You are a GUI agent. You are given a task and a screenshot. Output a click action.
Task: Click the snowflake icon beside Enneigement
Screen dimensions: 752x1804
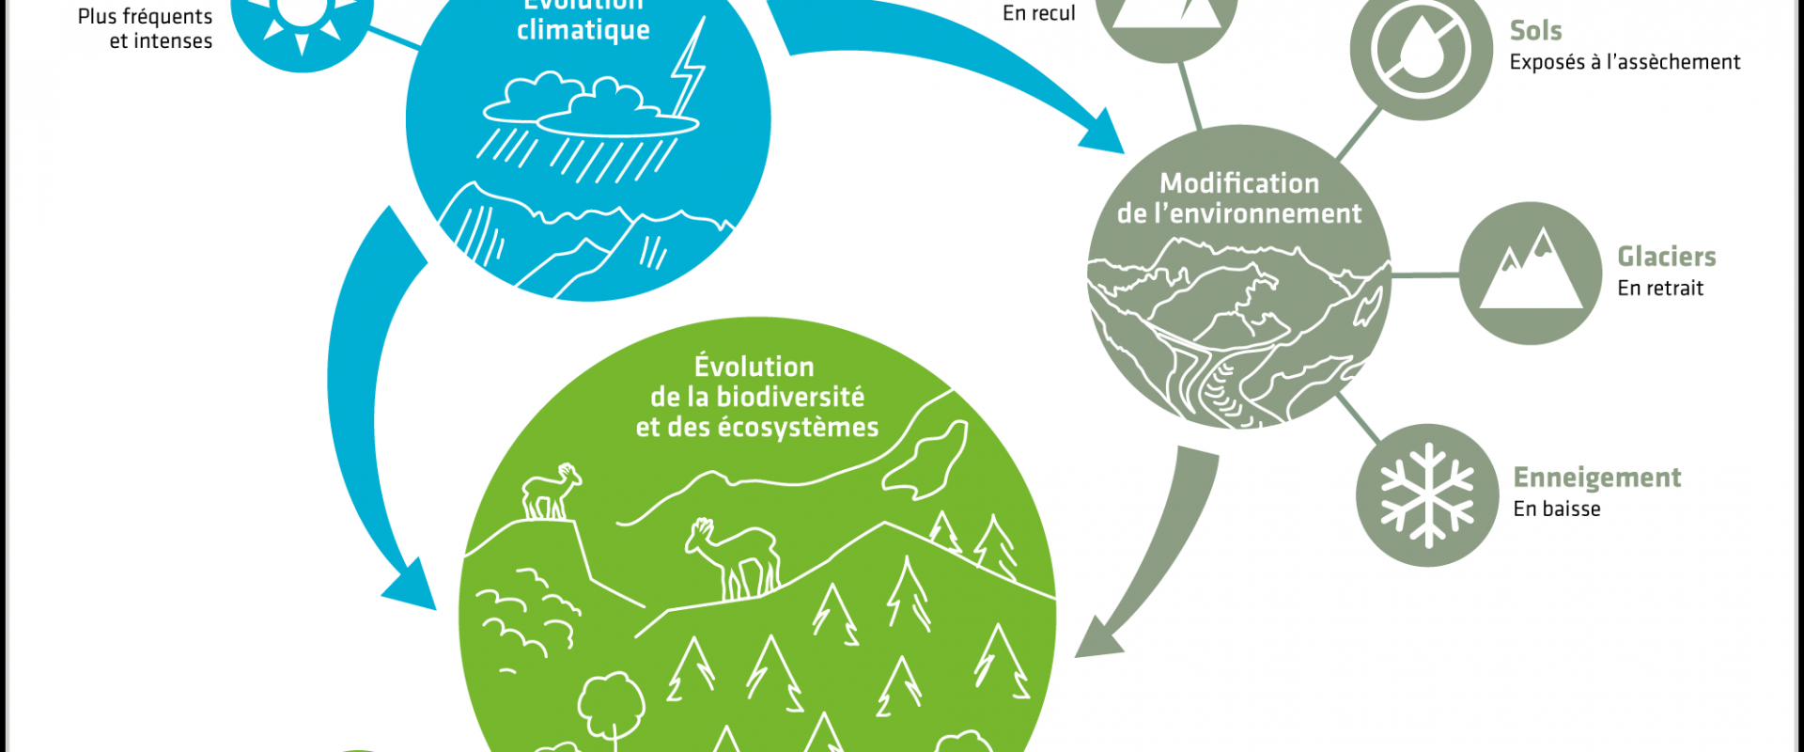1426,495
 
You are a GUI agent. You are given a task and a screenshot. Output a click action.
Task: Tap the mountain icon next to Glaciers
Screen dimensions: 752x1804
1530,273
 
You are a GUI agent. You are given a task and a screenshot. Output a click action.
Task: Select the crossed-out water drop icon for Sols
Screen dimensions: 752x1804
1421,49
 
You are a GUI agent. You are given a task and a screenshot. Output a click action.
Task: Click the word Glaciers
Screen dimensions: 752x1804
1666,257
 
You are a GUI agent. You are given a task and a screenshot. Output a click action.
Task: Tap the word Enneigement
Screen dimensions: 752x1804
1596,478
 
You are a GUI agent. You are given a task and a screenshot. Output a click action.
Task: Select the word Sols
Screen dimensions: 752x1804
1535,31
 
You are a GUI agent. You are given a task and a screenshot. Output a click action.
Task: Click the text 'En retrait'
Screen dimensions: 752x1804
1659,289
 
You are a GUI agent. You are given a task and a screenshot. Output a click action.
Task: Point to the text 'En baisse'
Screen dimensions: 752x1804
1556,509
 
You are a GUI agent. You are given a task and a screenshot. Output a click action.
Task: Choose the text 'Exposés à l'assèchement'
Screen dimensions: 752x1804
1625,63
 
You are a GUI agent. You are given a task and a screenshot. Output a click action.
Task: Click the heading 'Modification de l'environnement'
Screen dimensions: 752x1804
1238,198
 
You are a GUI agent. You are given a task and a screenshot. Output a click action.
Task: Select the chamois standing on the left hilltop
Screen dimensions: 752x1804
551,490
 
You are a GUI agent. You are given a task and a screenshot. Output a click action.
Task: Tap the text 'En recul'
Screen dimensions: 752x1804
1038,13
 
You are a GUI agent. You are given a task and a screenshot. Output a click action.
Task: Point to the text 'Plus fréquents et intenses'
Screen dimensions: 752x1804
146,28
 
